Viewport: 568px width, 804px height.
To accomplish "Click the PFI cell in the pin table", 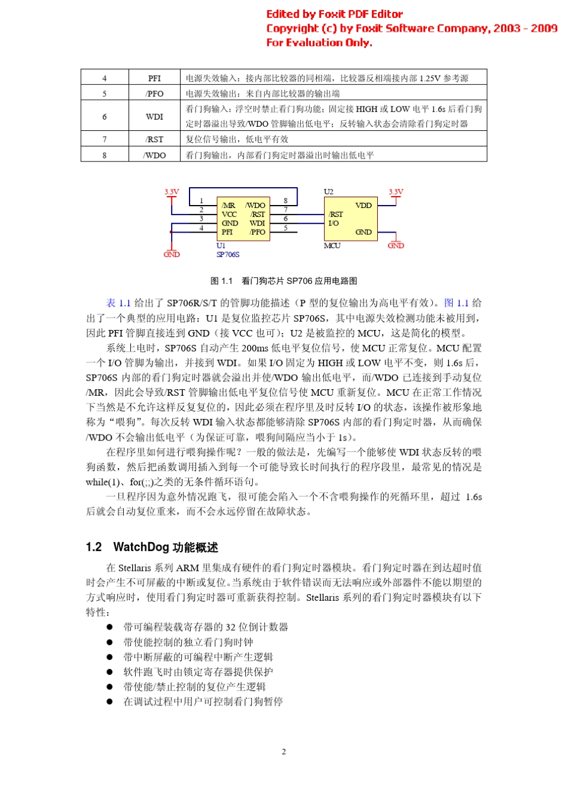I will tap(154, 78).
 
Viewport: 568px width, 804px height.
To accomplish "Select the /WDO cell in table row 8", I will tap(154, 155).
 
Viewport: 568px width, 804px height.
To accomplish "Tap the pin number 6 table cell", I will tap(104, 117).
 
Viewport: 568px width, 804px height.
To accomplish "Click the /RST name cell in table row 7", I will tap(154, 139).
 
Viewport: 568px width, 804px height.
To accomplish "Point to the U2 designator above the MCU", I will tap(328, 192).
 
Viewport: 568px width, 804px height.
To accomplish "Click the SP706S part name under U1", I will tap(228, 255).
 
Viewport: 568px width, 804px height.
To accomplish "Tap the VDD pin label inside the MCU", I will tap(363, 206).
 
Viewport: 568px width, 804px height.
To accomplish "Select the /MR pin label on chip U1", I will tap(228, 206).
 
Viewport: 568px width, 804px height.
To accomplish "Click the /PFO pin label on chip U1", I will tap(257, 232).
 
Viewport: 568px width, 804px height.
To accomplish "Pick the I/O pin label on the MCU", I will tap(333, 223).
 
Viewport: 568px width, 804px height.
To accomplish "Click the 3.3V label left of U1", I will tap(172, 192).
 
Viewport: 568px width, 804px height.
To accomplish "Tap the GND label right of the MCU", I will tap(396, 246).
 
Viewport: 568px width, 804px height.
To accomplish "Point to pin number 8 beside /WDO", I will tap(286, 201).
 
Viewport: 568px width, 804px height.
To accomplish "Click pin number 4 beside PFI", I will tap(201, 228).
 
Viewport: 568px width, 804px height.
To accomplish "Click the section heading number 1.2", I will tap(94, 547).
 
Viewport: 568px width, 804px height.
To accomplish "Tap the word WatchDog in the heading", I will tap(141, 547).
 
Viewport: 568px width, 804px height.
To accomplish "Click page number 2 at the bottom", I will tap(283, 751).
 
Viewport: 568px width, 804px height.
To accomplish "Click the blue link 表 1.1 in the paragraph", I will tap(118, 303).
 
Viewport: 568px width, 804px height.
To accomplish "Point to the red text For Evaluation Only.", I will tap(319, 42).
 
